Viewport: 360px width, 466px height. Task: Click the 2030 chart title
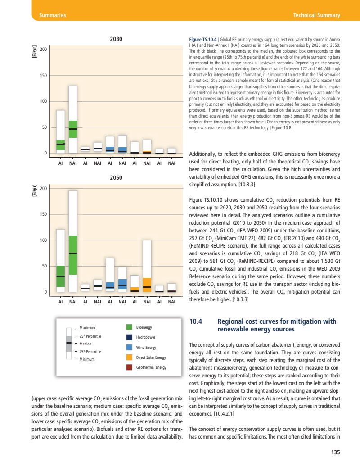(116, 39)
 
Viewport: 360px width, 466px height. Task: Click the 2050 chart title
(116, 178)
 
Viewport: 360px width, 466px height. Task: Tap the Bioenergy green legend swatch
(129, 327)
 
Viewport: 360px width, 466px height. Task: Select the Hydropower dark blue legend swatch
(129, 337)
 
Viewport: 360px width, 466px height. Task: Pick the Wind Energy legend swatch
(129, 347)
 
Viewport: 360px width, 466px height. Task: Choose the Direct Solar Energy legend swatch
(129, 357)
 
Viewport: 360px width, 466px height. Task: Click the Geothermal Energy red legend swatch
(129, 367)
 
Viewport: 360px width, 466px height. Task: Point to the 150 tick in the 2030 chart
(43, 75)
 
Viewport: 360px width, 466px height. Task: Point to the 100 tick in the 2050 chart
(43, 240)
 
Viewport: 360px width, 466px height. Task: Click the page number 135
(335, 452)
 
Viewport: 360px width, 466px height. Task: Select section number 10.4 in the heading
(197, 321)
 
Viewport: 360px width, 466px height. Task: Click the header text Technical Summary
(316, 15)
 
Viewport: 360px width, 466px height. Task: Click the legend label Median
(85, 344)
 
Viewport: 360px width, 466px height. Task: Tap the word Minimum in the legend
(87, 359)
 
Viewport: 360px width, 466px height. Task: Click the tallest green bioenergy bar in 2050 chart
(73, 255)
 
